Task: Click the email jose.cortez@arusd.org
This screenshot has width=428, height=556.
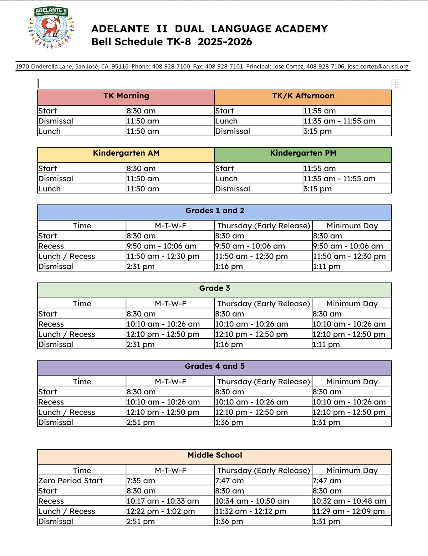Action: tap(378, 66)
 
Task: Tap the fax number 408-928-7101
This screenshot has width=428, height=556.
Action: tap(224, 66)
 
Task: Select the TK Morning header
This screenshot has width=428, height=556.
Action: tap(126, 96)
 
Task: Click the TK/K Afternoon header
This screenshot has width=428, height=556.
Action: tap(303, 96)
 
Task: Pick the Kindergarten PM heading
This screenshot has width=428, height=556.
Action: tap(303, 153)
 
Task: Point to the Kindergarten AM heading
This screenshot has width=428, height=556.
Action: tap(126, 153)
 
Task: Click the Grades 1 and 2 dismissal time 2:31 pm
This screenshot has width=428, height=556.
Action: tap(141, 267)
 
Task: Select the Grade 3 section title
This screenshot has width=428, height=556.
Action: tap(215, 288)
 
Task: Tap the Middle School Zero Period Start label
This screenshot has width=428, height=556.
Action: tap(71, 481)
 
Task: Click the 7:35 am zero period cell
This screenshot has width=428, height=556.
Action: tap(141, 481)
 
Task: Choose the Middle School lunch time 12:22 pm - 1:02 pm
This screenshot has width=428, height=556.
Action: tap(161, 511)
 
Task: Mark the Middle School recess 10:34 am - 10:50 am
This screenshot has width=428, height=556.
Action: tap(252, 501)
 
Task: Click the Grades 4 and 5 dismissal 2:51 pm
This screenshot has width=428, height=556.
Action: tap(141, 423)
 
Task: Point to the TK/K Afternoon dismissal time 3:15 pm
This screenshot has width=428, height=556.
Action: tap(318, 131)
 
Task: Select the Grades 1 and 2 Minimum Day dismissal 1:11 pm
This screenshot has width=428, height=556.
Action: tap(327, 267)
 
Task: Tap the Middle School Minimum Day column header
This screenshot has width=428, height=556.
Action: tap(352, 470)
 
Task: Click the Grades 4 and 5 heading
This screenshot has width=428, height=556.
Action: tap(215, 366)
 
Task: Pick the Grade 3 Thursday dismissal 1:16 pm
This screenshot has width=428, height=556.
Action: tap(229, 345)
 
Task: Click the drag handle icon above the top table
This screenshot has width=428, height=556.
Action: tap(397, 85)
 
